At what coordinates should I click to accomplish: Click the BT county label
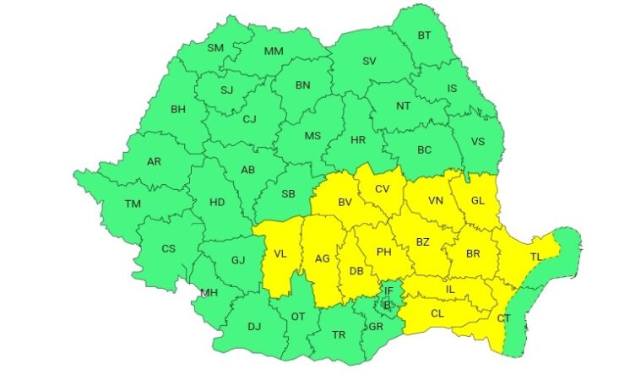point(423,35)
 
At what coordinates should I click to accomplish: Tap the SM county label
point(215,48)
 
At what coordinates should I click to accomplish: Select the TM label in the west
point(133,204)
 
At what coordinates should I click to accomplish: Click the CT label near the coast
point(502,318)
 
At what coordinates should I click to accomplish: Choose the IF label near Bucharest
point(388,290)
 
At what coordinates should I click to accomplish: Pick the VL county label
point(280,254)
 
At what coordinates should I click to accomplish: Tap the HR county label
point(357,138)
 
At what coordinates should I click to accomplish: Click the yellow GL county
point(477,201)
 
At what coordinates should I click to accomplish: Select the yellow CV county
point(383,188)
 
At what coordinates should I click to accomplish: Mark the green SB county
point(288,193)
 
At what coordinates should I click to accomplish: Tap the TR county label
point(339,334)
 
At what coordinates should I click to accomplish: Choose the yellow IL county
point(450,290)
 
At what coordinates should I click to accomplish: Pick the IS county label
point(452,88)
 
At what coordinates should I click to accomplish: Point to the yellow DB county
point(356,270)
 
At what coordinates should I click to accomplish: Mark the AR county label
point(154,162)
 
